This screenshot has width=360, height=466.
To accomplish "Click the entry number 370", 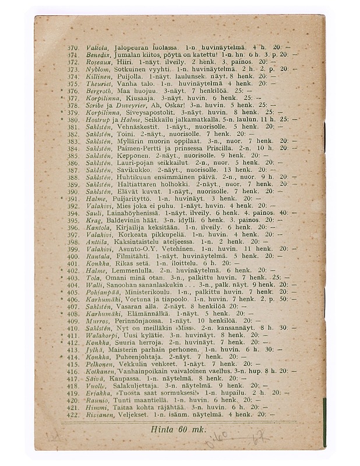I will (x=72, y=45).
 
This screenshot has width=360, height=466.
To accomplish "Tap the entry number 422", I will (x=72, y=415).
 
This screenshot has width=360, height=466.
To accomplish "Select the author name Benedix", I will (x=94, y=53).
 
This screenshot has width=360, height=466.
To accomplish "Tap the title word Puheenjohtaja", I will (x=137, y=356).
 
